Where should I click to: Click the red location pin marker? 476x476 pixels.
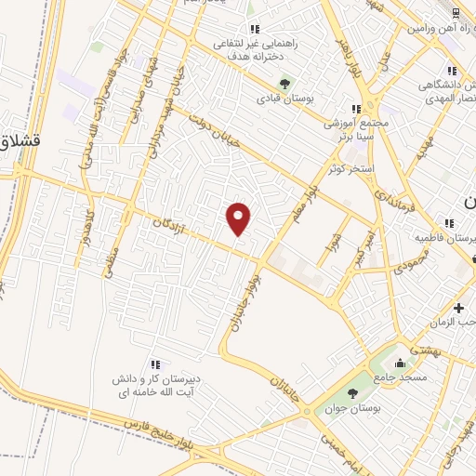coord(239,219)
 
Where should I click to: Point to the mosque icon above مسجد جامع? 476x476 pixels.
coord(400,364)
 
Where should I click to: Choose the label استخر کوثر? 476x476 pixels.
coord(350,168)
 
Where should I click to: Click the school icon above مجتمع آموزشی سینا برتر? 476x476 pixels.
coord(356,109)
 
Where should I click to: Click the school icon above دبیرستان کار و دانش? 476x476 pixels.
coord(155,364)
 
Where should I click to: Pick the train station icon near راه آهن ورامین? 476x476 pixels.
coord(455,13)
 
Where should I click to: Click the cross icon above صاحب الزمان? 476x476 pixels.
coord(457,308)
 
